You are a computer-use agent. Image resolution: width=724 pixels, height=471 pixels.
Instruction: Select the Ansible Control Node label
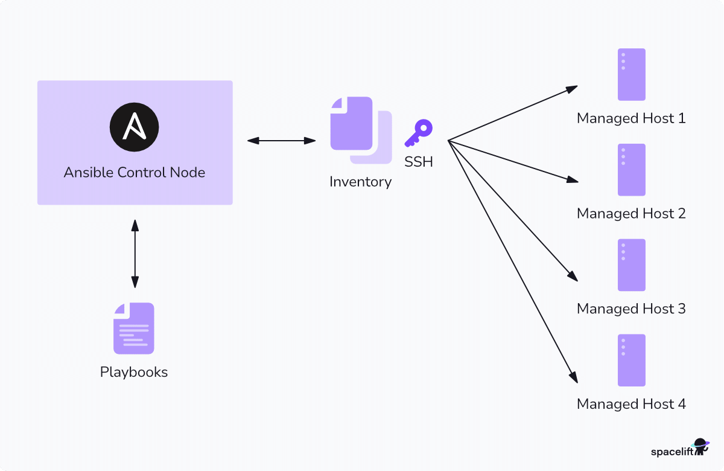click(134, 173)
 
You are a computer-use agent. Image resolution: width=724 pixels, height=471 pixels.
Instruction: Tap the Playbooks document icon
click(134, 328)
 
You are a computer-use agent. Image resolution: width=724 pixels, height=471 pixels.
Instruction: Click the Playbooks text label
click(134, 372)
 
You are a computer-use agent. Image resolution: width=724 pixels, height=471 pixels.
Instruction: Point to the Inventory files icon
click(360, 130)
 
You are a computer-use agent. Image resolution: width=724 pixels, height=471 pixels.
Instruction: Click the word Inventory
click(360, 182)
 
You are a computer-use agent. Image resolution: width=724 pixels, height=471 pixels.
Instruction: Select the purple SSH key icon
click(419, 133)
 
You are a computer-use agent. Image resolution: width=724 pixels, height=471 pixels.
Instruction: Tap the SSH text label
click(419, 162)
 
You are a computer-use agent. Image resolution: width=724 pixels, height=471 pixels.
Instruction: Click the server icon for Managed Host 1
click(631, 74)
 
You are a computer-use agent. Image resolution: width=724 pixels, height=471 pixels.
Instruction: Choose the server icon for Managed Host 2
click(631, 170)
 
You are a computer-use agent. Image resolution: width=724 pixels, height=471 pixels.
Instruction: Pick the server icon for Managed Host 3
click(631, 265)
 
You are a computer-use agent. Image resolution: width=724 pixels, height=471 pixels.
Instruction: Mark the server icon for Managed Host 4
click(631, 360)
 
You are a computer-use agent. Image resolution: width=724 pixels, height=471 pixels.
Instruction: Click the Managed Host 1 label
click(631, 118)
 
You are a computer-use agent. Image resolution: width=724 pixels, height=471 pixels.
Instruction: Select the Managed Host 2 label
click(631, 214)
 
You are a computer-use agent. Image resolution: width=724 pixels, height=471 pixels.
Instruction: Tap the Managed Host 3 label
click(631, 309)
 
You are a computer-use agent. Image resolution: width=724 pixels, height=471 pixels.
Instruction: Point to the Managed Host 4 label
click(631, 404)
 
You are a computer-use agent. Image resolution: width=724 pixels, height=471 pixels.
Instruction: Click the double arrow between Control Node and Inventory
click(281, 141)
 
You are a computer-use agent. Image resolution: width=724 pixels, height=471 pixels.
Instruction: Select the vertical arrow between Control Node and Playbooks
click(135, 254)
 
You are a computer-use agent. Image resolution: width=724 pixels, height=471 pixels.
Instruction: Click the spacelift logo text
click(670, 452)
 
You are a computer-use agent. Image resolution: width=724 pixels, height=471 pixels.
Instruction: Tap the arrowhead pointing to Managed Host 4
click(574, 377)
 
